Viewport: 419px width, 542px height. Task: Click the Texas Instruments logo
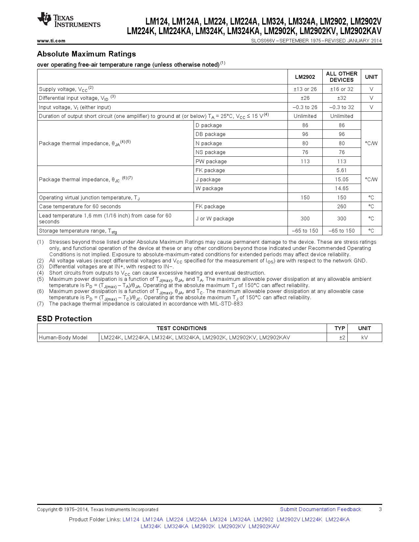(x=68, y=20)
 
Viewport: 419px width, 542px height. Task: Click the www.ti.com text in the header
(x=51, y=41)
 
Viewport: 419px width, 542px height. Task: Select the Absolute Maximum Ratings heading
(x=86, y=54)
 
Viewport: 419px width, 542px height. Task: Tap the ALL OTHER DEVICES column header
(x=341, y=77)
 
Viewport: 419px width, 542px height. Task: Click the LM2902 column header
(x=305, y=77)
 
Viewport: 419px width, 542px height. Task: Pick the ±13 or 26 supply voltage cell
(x=305, y=89)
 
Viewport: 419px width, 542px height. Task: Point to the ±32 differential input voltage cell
(x=341, y=98)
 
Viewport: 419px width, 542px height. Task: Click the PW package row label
(x=211, y=162)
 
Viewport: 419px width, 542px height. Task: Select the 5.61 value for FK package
(x=341, y=170)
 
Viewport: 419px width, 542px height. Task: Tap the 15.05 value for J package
(x=341, y=180)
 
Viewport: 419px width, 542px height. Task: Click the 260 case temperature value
(x=341, y=207)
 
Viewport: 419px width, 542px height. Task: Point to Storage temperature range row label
(x=78, y=231)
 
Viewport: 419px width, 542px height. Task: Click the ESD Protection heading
(x=64, y=319)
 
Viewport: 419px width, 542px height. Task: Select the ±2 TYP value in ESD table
(x=342, y=338)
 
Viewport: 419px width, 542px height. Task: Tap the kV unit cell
(x=364, y=338)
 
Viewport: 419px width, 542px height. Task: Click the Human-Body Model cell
(x=63, y=338)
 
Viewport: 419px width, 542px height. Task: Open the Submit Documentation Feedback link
(x=320, y=509)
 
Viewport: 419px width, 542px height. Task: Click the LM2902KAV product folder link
(x=264, y=527)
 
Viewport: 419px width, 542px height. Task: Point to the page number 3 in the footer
(x=380, y=509)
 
